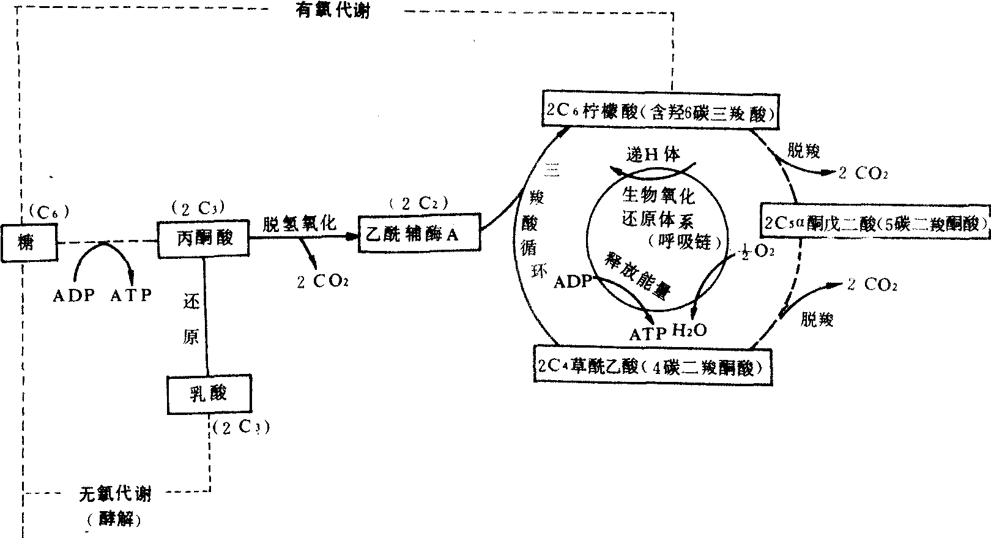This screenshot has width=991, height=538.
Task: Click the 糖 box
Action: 28,242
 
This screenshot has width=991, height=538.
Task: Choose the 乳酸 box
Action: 209,394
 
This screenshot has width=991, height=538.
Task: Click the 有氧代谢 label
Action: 333,10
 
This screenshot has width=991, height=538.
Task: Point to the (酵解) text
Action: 114,520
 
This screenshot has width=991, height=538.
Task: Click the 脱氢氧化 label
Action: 300,223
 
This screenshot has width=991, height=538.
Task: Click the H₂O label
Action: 689,331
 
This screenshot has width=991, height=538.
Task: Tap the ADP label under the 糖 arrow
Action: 74,296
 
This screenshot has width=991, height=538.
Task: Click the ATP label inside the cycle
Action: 648,334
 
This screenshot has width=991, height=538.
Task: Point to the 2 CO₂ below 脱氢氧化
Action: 323,282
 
